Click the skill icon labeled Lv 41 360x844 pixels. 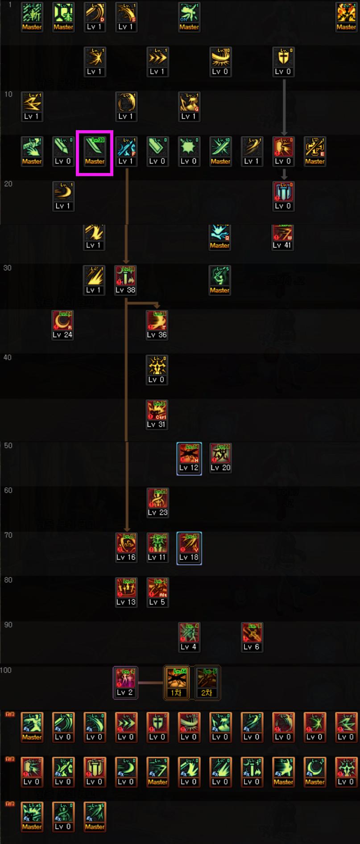point(283,236)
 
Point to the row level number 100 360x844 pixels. point(6,670)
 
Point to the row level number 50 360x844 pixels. point(8,445)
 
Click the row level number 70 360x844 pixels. point(8,535)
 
